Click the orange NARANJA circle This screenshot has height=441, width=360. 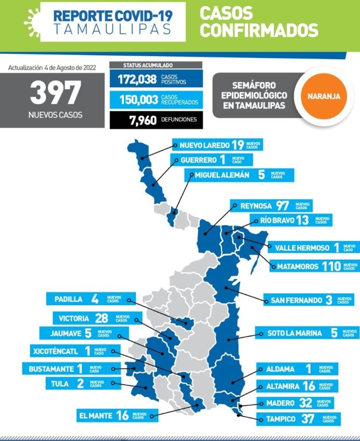click(x=327, y=96)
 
